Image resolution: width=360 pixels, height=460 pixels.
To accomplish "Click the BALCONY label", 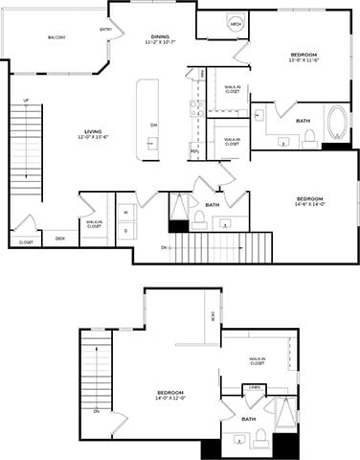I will tap(56, 38).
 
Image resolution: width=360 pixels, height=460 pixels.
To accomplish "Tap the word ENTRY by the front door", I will tap(105, 29).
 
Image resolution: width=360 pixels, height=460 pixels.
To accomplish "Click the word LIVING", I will tap(94, 130).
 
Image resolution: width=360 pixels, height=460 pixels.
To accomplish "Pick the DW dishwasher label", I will tap(154, 126).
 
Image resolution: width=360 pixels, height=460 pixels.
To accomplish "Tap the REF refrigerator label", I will tap(194, 151).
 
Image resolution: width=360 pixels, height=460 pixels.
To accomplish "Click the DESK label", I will tap(60, 238).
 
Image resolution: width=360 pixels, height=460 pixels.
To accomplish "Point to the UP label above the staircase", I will tap(26, 100).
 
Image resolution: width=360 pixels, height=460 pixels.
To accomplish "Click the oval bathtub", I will tap(338, 124).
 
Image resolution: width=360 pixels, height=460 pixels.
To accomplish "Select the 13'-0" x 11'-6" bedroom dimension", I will tap(304, 61).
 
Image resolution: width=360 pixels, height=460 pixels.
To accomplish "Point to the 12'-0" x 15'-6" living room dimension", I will tap(94, 137).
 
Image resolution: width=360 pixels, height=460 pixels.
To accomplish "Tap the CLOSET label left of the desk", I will tap(26, 243).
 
